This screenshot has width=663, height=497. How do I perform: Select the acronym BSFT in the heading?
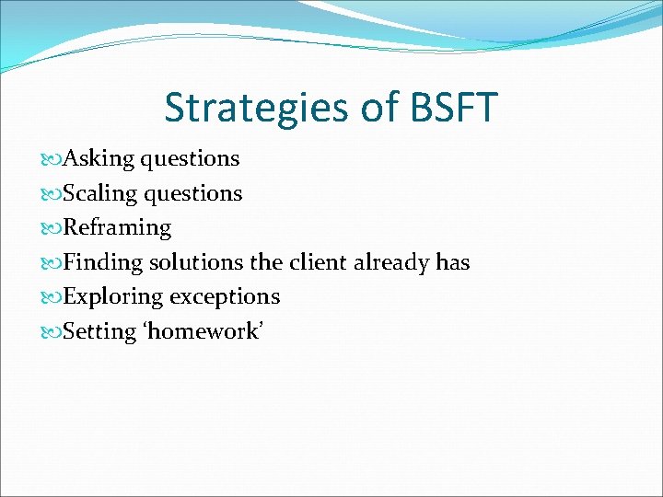click(452, 108)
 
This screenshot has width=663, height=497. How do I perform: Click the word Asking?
click(99, 159)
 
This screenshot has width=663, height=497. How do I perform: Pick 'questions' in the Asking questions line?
click(190, 159)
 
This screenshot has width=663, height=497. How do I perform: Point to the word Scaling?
click(99, 194)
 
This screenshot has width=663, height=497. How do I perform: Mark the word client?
click(319, 263)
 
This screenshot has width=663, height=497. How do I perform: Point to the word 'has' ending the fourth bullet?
click(453, 263)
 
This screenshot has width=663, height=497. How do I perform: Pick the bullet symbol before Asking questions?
click(52, 159)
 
